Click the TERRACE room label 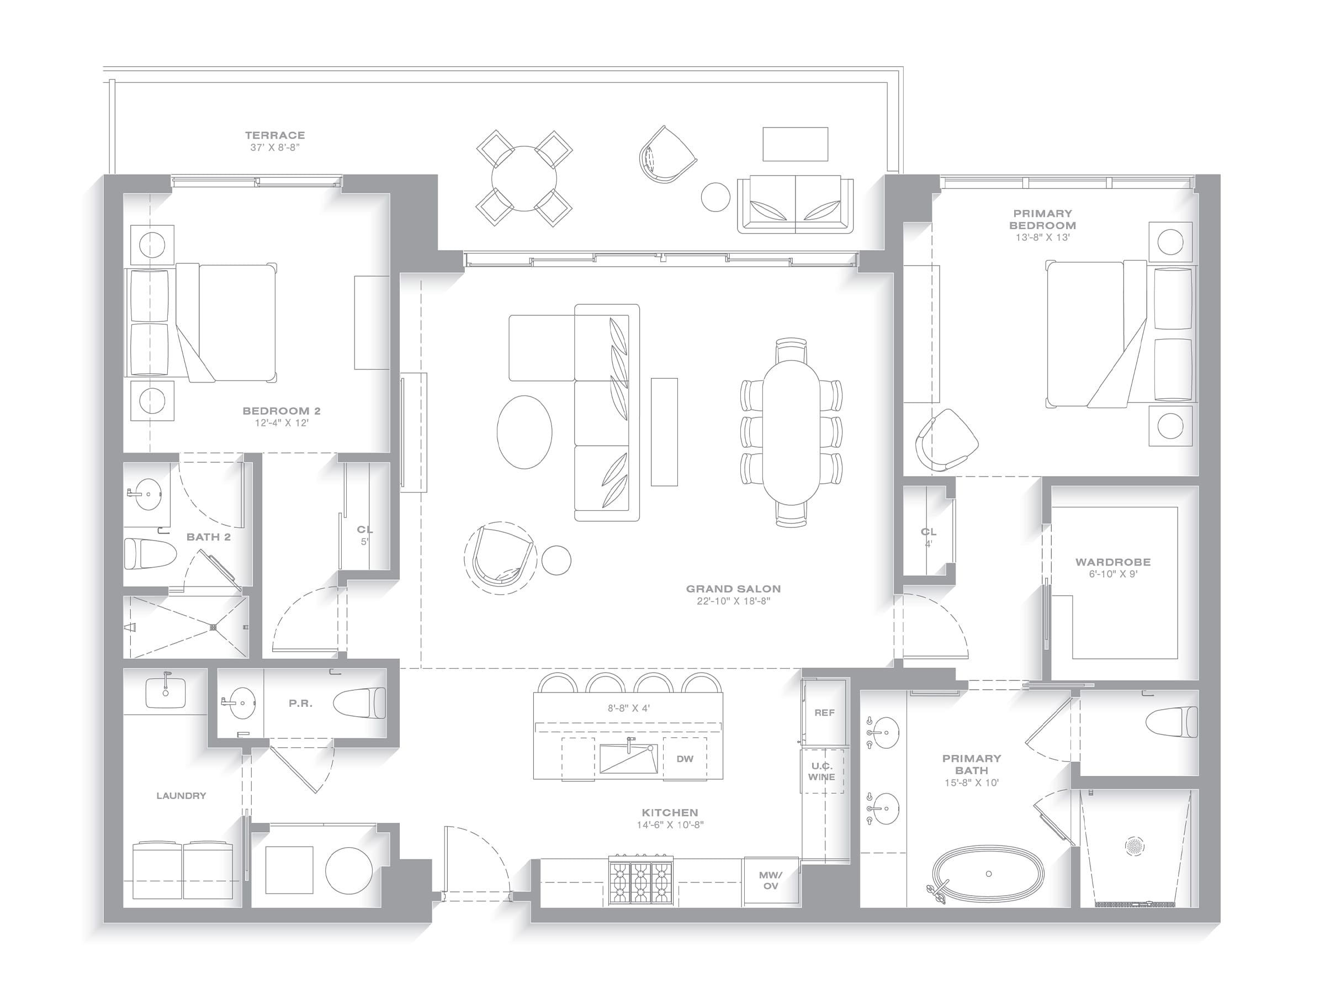pyautogui.click(x=275, y=135)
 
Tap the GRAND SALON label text pyautogui.click(x=733, y=589)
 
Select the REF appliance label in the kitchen pyautogui.click(x=824, y=712)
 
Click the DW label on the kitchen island pyautogui.click(x=685, y=759)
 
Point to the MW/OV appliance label pyautogui.click(x=770, y=880)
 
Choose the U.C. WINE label pyautogui.click(x=821, y=771)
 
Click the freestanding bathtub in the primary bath pyautogui.click(x=988, y=874)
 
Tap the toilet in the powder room pyautogui.click(x=359, y=702)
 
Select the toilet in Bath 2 pyautogui.click(x=150, y=553)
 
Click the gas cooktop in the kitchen pyautogui.click(x=641, y=880)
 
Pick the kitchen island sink pyautogui.click(x=628, y=759)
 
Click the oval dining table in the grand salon pyautogui.click(x=791, y=432)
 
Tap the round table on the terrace pyautogui.click(x=524, y=178)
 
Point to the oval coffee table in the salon pyautogui.click(x=524, y=431)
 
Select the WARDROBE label pyautogui.click(x=1113, y=562)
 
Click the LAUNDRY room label pyautogui.click(x=181, y=796)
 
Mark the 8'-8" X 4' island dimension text pyautogui.click(x=628, y=708)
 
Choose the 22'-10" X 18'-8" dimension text pyautogui.click(x=733, y=601)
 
